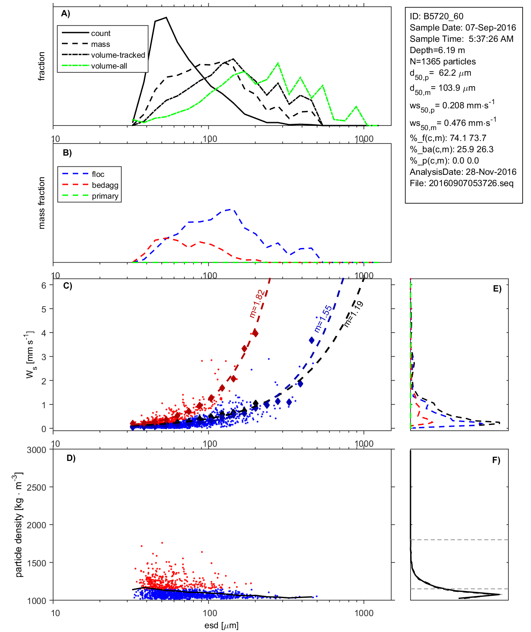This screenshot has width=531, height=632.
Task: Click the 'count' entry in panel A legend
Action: tap(101, 33)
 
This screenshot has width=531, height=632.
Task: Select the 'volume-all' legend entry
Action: tap(109, 66)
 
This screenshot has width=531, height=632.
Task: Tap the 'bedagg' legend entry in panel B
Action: tap(105, 185)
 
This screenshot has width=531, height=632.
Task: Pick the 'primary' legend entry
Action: tap(105, 196)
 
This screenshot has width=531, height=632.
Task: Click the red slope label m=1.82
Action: tap(256, 304)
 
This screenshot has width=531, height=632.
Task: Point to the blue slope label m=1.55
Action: tap(323, 319)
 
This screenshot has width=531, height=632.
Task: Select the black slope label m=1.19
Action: tap(354, 314)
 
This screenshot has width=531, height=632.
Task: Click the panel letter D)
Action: tap(71, 458)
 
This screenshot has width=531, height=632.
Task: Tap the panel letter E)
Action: tap(497, 289)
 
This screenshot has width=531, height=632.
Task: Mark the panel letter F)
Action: tap(496, 460)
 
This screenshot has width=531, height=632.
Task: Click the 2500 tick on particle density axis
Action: tap(37, 488)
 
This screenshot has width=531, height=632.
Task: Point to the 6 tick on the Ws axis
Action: tap(44, 285)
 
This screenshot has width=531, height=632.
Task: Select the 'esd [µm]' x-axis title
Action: tap(221, 625)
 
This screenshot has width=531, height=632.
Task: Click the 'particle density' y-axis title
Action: tap(19, 525)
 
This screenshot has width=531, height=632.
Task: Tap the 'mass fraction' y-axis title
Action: tap(41, 203)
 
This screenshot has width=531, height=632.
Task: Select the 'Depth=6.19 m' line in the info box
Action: tap(437, 50)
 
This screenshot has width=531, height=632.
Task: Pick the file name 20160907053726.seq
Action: tap(471, 183)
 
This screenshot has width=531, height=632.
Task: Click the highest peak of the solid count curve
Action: tap(166, 18)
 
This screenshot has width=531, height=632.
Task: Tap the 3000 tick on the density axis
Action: tap(37, 450)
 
